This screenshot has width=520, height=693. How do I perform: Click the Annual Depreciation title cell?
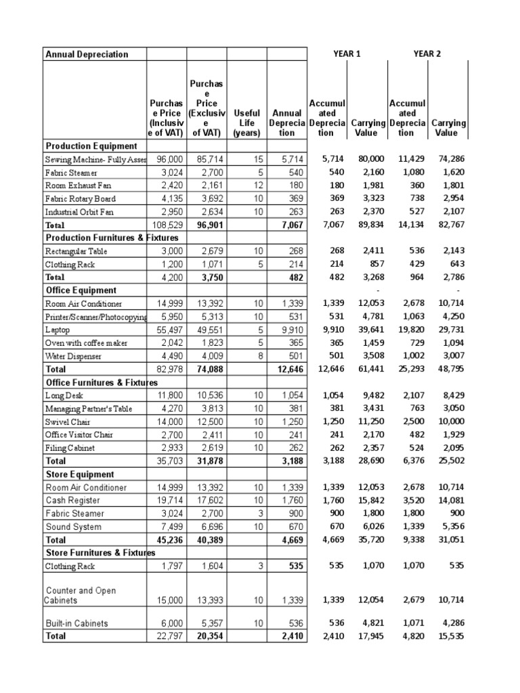click(x=86, y=54)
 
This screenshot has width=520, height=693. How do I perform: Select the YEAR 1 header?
click(x=348, y=53)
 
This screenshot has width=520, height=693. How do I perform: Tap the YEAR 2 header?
click(x=427, y=53)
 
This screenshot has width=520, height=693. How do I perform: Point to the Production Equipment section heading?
click(x=91, y=146)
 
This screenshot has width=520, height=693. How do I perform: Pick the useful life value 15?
click(x=256, y=158)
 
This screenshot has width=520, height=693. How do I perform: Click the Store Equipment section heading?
click(x=79, y=474)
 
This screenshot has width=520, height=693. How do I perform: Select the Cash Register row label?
click(x=72, y=500)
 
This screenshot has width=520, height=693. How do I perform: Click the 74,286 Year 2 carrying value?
click(x=450, y=158)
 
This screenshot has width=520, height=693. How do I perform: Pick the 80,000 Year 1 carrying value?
click(x=371, y=158)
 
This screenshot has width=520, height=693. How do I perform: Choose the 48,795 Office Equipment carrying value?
click(x=450, y=369)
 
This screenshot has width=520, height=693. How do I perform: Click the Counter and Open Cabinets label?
click(x=81, y=595)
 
